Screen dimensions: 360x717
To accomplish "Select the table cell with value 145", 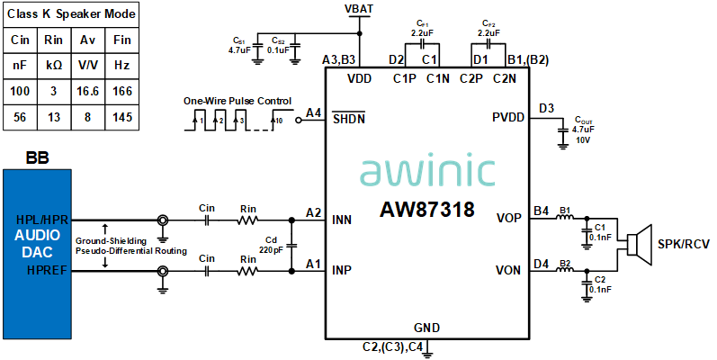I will (121, 118).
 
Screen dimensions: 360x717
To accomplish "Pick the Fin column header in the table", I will (121, 41).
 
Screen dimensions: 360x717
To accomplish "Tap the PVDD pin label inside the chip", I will (510, 118).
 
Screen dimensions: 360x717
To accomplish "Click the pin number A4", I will (313, 112).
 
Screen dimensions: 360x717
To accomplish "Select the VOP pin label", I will (509, 219).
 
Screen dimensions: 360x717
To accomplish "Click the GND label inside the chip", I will (427, 327).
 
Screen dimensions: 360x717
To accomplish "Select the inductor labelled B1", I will (566, 219).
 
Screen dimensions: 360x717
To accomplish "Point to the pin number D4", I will (541, 264).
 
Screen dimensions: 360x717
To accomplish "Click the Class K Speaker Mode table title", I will (72, 14).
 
